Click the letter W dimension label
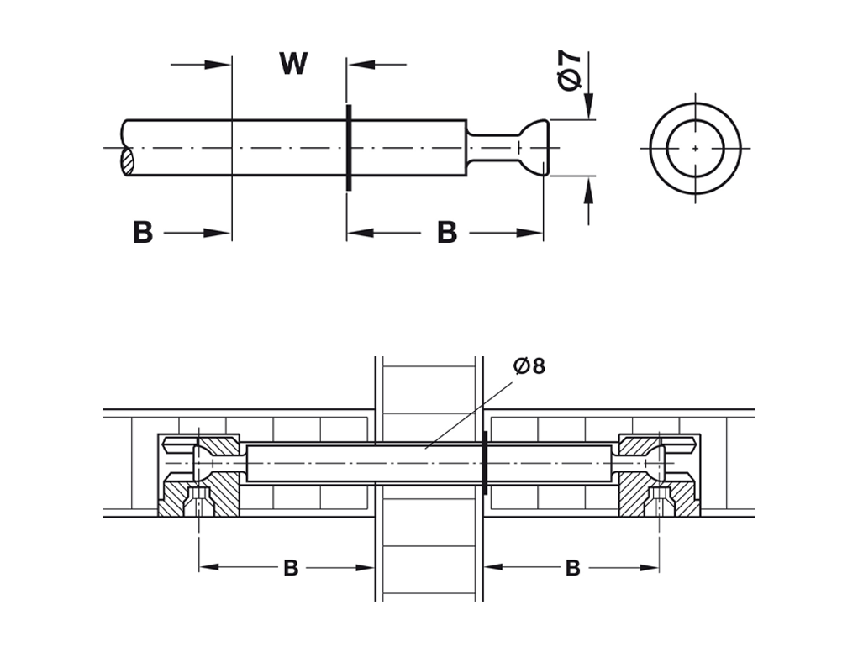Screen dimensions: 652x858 [x=293, y=64]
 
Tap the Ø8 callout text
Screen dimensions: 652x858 [x=529, y=366]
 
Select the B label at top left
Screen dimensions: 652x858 [x=143, y=233]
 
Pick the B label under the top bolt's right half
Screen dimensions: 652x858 [x=446, y=233]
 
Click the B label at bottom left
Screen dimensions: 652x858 [x=291, y=569]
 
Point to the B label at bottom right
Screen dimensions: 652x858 [x=572, y=569]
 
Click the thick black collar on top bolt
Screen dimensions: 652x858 [x=347, y=148]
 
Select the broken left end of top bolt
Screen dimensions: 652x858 [x=128, y=149]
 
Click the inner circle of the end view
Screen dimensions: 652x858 [x=696, y=148]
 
